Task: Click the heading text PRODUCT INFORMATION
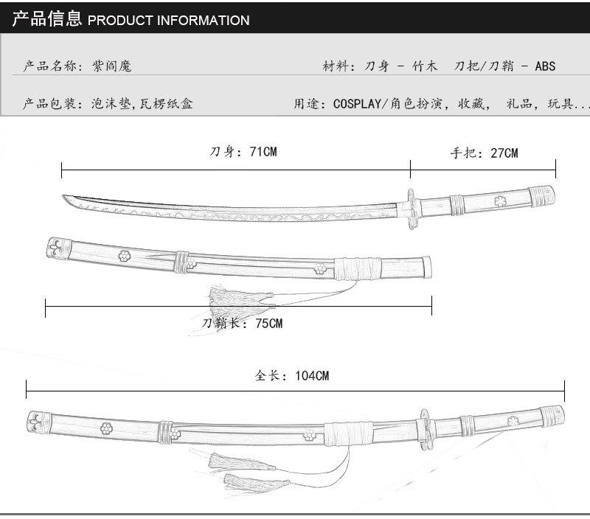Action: click(168, 21)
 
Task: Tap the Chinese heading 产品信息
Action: click(46, 19)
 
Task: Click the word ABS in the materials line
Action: click(546, 66)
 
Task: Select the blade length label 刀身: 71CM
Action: click(243, 153)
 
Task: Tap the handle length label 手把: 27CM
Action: click(484, 153)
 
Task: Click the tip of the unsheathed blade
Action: click(65, 197)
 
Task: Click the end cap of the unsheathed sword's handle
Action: click(543, 195)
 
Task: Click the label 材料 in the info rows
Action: click(334, 66)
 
